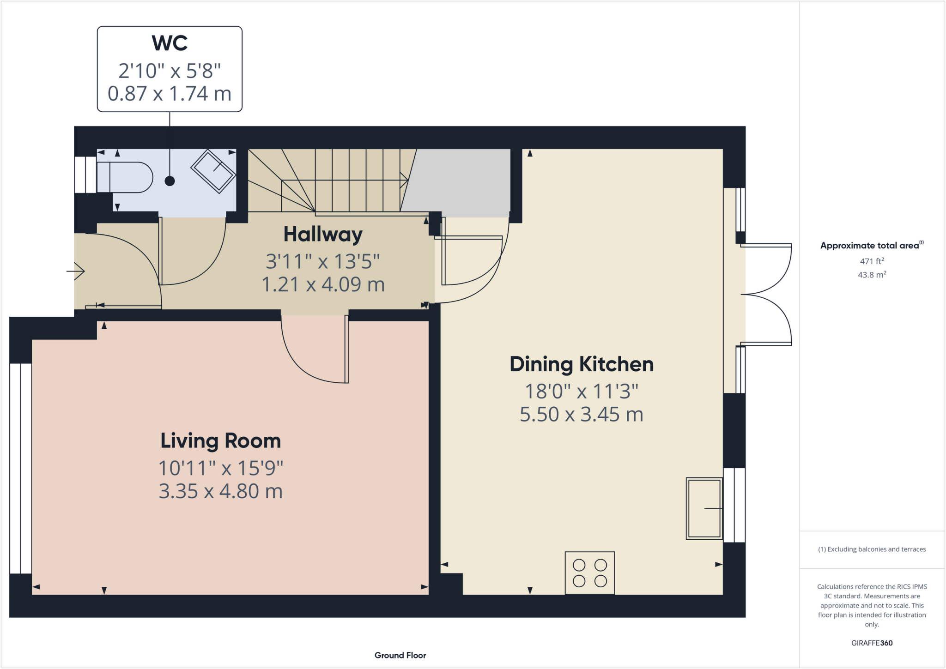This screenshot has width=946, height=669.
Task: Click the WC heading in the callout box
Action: tap(170, 43)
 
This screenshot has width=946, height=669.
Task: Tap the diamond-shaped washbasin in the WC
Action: tap(213, 171)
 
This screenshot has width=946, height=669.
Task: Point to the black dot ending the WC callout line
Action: tap(170, 181)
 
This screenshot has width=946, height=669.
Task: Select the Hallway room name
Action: tap(323, 234)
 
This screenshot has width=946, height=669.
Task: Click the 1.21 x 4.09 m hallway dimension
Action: tap(323, 284)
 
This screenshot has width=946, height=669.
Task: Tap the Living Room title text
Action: tap(220, 441)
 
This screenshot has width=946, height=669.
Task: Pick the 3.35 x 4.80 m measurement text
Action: tap(220, 491)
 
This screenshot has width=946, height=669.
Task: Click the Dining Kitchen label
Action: tap(582, 364)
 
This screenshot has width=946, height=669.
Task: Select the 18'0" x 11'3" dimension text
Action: tap(582, 392)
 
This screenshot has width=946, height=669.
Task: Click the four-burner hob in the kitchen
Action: tap(590, 573)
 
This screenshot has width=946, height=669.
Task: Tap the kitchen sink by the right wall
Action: tap(704, 508)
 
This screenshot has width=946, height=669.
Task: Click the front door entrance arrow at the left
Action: tap(76, 271)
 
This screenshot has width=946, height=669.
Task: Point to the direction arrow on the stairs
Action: tap(403, 181)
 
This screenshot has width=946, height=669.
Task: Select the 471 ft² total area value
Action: tap(872, 261)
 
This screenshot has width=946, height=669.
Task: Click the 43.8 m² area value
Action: tap(872, 275)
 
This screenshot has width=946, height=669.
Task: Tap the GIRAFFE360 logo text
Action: tap(872, 643)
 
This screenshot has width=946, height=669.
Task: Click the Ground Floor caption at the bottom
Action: tap(400, 655)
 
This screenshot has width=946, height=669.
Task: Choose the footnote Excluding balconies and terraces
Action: tap(872, 549)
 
